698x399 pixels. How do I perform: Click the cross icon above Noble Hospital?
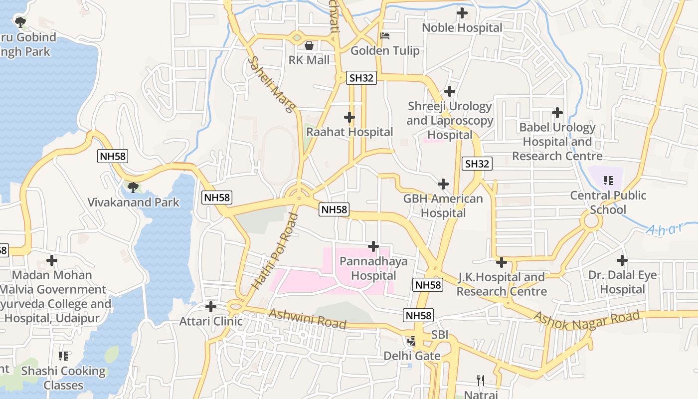point(462,13)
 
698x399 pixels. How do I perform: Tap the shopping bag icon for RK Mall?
point(309,45)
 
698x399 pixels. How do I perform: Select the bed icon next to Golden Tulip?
point(385,36)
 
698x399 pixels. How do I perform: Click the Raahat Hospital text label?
point(349,132)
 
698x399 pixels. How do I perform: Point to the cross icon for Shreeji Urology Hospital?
point(450,91)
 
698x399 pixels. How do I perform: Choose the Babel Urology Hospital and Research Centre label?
point(557,142)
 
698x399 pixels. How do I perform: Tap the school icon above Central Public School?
point(608,180)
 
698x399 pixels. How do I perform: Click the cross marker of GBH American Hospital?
point(443,184)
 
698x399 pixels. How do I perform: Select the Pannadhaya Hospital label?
point(373,268)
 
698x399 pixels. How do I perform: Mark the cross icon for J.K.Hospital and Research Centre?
point(502,262)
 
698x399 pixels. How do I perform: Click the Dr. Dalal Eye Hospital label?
point(622,282)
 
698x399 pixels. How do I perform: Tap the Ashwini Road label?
point(307,319)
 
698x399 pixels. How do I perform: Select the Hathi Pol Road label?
point(275,251)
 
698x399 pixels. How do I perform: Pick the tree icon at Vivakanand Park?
point(133,188)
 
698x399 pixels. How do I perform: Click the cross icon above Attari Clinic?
point(211,306)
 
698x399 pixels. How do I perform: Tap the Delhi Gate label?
point(412,356)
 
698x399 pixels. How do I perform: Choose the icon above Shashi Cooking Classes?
point(63,356)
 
